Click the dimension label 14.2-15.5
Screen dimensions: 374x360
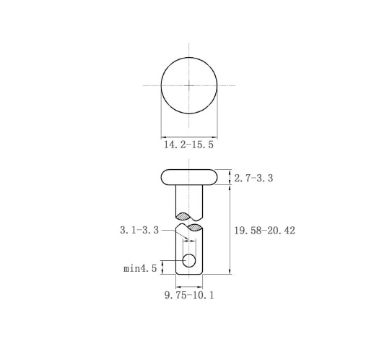[x=188, y=145]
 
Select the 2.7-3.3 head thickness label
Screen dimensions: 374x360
[x=253, y=178]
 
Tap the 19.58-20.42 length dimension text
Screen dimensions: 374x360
[x=264, y=231]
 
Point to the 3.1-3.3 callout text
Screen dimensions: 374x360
[x=139, y=230]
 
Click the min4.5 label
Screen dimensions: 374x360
[x=140, y=268]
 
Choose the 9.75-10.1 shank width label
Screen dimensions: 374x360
[x=189, y=295]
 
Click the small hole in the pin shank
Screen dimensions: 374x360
[x=189, y=260]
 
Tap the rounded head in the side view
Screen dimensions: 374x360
[x=189, y=177]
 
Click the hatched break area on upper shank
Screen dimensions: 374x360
[x=183, y=216]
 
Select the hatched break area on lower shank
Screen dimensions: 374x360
[x=195, y=228]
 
